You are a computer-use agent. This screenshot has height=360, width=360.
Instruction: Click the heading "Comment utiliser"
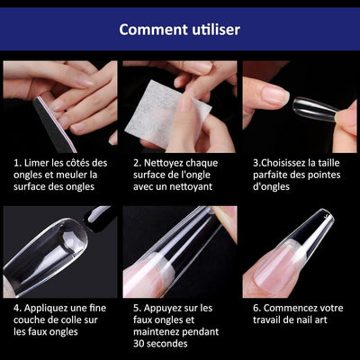click(179, 30)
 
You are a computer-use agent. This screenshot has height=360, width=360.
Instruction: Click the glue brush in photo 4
click(97, 219)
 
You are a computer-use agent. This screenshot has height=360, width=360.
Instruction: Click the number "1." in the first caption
click(17, 163)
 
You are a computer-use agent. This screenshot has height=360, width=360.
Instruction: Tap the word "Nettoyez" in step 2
click(163, 163)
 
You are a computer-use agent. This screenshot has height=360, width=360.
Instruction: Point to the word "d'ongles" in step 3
click(271, 187)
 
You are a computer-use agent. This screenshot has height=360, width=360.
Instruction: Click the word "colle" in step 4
click(72, 319)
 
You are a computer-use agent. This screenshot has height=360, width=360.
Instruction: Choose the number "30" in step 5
click(139, 344)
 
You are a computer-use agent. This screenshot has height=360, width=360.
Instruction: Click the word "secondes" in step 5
click(167, 344)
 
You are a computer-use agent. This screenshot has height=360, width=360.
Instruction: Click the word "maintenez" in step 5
click(155, 332)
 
